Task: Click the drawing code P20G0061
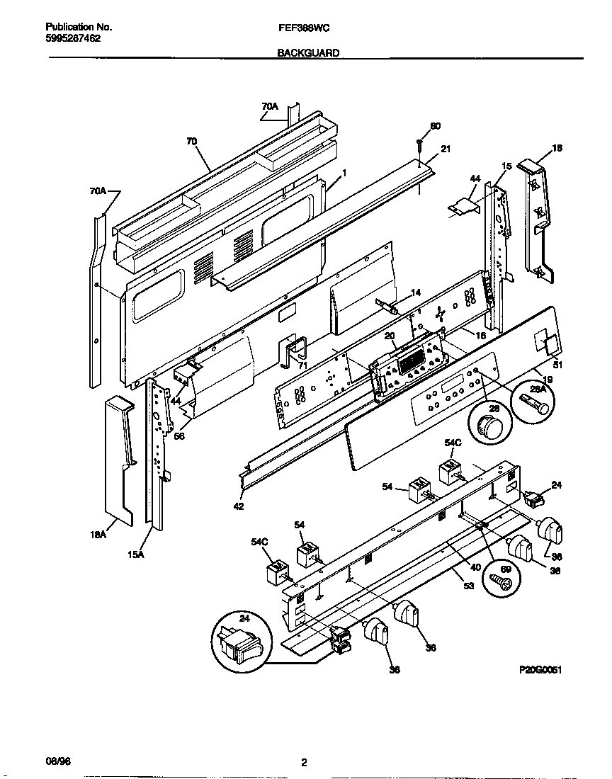[540, 669]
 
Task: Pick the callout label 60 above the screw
[435, 126]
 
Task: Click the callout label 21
[446, 149]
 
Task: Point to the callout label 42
[239, 506]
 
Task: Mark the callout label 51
[557, 365]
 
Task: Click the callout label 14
[416, 292]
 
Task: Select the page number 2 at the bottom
[304, 763]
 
